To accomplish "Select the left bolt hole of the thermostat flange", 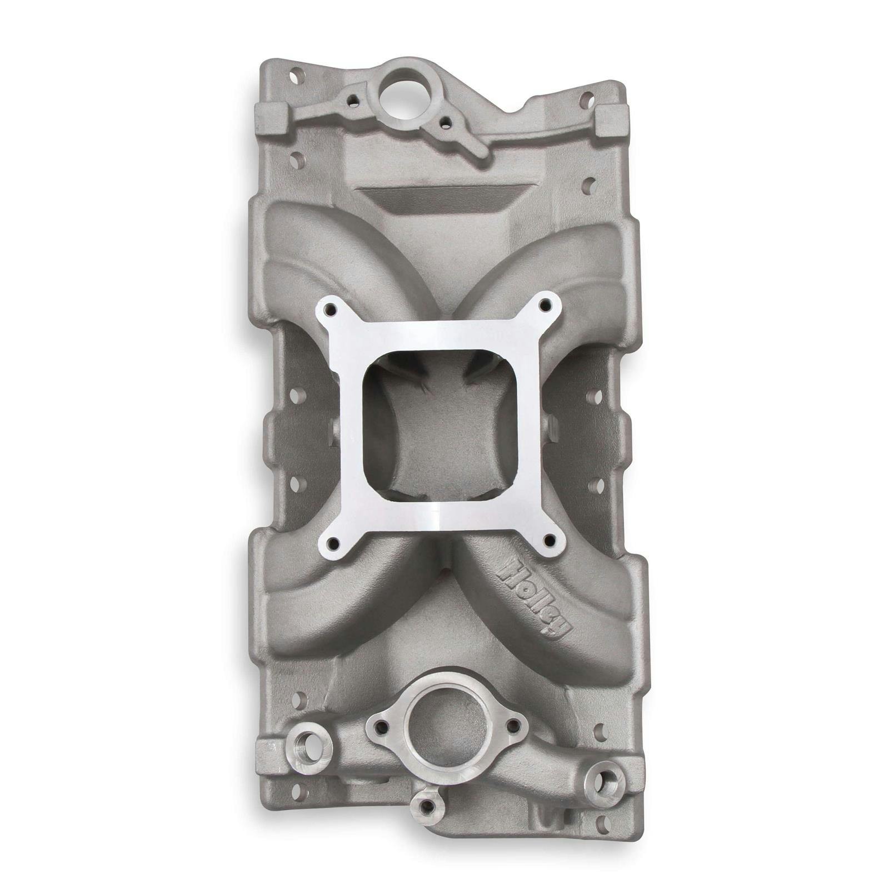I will tap(380, 725).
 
